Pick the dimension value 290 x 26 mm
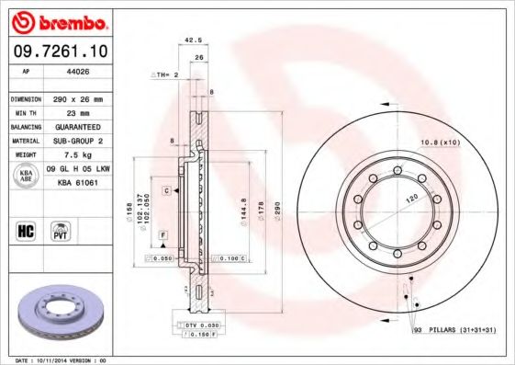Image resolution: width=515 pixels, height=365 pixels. click(x=77, y=97)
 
